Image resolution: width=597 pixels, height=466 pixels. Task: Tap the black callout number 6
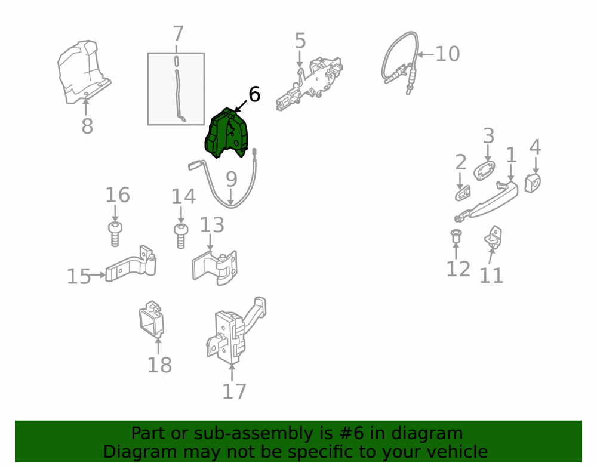[x=254, y=94]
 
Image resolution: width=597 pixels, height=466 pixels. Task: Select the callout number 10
[x=447, y=54]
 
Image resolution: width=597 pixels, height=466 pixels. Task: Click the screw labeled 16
[x=115, y=234]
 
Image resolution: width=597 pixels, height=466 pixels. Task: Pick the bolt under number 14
[x=181, y=236]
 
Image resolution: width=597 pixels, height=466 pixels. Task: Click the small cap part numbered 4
[x=533, y=183]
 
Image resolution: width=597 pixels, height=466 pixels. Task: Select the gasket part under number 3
[x=484, y=171]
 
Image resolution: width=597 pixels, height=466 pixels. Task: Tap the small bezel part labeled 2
[x=463, y=193]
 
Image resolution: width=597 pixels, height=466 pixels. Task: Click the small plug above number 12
[x=456, y=236]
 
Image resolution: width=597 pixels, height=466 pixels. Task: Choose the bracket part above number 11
[x=494, y=237]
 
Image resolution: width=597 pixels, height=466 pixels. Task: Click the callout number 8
[x=87, y=126]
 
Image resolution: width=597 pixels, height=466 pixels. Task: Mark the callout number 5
[x=300, y=41]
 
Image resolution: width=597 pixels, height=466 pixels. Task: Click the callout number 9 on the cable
[x=232, y=179]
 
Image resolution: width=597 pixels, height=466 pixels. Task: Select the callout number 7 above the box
[x=178, y=33]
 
